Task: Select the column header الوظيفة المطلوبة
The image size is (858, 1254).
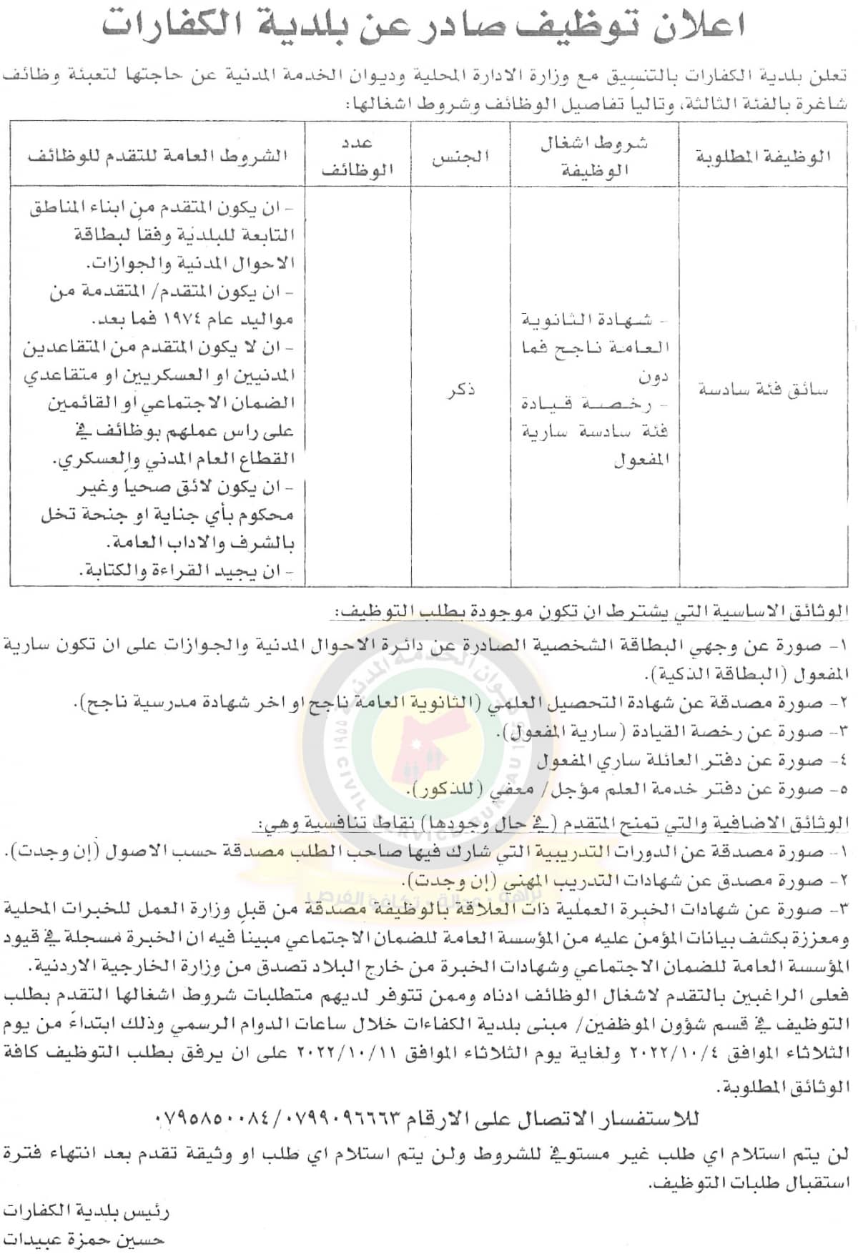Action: tap(764, 156)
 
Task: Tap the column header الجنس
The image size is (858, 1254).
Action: tap(460, 156)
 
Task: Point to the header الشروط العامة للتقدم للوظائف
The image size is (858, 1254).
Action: tap(158, 156)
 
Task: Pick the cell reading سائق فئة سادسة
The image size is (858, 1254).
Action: tap(764, 390)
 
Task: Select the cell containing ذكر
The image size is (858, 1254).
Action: tap(460, 390)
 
